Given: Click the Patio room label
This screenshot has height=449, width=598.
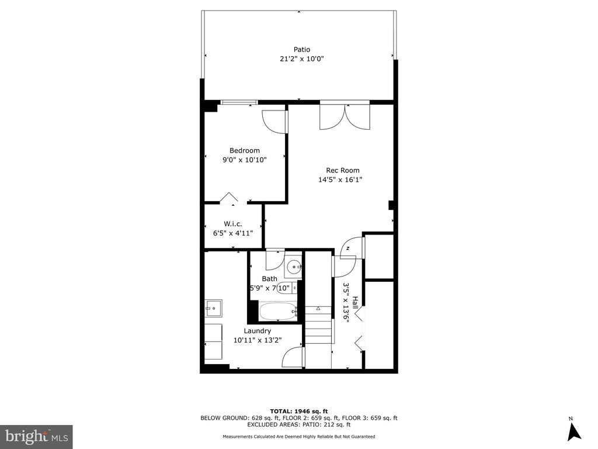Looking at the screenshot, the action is (x=302, y=49).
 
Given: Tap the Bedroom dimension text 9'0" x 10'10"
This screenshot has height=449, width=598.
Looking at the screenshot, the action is (x=245, y=160).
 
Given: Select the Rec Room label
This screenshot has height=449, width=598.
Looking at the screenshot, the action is (x=342, y=170).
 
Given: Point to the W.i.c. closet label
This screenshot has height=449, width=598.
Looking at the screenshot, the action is (x=232, y=224).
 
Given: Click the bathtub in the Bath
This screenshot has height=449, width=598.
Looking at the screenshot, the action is (x=278, y=312).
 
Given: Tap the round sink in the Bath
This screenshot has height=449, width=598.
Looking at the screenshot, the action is (x=294, y=267).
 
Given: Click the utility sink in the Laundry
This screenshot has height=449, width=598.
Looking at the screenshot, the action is (x=214, y=308).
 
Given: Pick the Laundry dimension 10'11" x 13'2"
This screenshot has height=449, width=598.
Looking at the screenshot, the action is (x=258, y=340).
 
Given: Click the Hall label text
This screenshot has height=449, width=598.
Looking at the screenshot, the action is (x=355, y=303).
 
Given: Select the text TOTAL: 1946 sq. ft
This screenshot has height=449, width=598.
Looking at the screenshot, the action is (x=299, y=411).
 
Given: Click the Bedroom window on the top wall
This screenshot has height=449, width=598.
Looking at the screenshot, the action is (x=239, y=102).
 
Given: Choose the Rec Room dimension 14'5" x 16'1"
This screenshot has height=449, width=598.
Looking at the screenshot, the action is (x=340, y=180).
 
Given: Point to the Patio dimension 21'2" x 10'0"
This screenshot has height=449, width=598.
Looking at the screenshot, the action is (x=302, y=59).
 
